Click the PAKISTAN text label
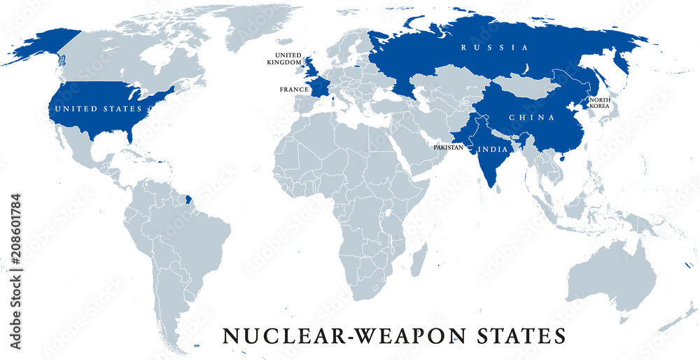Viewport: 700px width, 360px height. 448,148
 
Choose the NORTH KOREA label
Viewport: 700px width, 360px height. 599,103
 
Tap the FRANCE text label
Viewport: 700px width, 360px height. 294,90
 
